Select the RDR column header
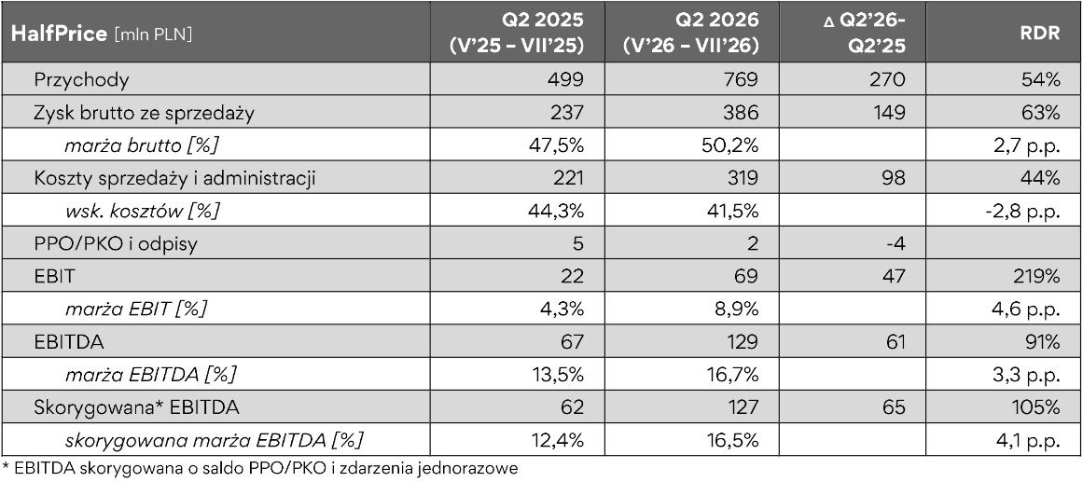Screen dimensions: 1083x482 point(1043,34)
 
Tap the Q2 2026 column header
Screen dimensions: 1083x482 point(690,33)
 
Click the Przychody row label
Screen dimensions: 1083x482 point(81,79)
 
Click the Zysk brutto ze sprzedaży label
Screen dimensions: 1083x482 point(144,114)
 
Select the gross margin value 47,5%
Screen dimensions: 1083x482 point(553,146)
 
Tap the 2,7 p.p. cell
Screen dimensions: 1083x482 point(1028,146)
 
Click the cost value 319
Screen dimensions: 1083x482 point(743,178)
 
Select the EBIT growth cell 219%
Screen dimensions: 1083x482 point(1040,277)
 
